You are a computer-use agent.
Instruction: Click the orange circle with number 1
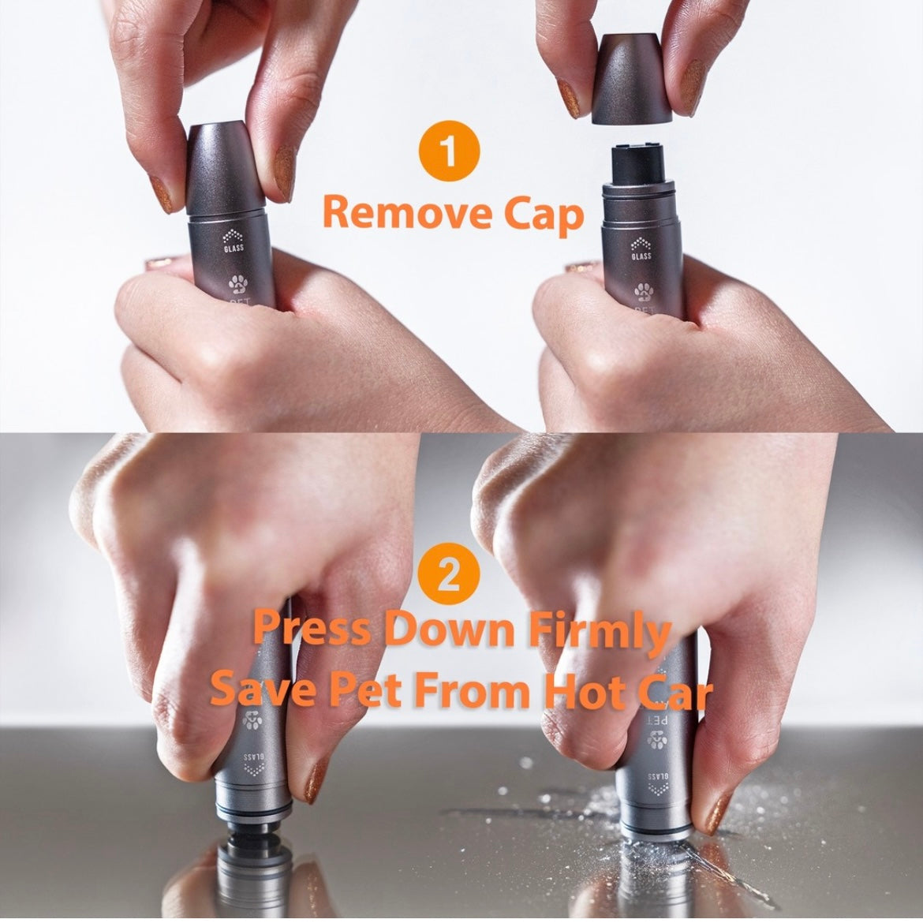click(x=450, y=150)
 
